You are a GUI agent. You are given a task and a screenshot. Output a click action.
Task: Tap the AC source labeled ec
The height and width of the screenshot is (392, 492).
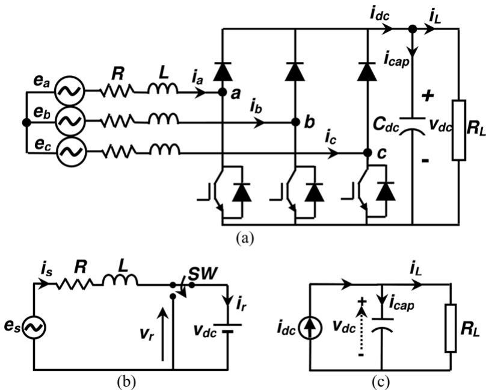coord(70,151)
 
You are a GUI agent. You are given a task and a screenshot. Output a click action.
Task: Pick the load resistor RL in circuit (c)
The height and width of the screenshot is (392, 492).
coord(451,327)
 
